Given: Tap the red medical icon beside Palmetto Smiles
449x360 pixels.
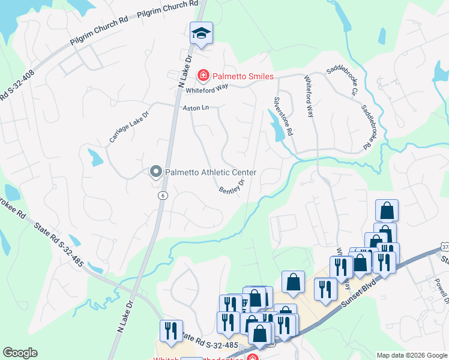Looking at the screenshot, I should pyautogui.click(x=203, y=76).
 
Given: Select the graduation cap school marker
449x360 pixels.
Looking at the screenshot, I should pyautogui.click(x=202, y=34).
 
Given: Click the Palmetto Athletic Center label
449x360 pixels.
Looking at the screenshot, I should pyautogui.click(x=211, y=173).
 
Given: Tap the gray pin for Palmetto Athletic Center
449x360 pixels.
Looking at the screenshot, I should pyautogui.click(x=155, y=173).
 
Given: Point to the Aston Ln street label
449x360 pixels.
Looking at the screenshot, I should pyautogui.click(x=196, y=108).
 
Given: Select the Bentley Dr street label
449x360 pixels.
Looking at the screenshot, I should pyautogui.click(x=232, y=187).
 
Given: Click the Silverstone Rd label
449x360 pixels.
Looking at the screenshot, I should pyautogui.click(x=283, y=115).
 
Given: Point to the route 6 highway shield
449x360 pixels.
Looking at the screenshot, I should pyautogui.click(x=163, y=196).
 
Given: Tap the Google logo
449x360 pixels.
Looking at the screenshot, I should pyautogui.click(x=20, y=352).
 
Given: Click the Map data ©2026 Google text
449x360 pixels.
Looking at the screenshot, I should pyautogui.click(x=411, y=355).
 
